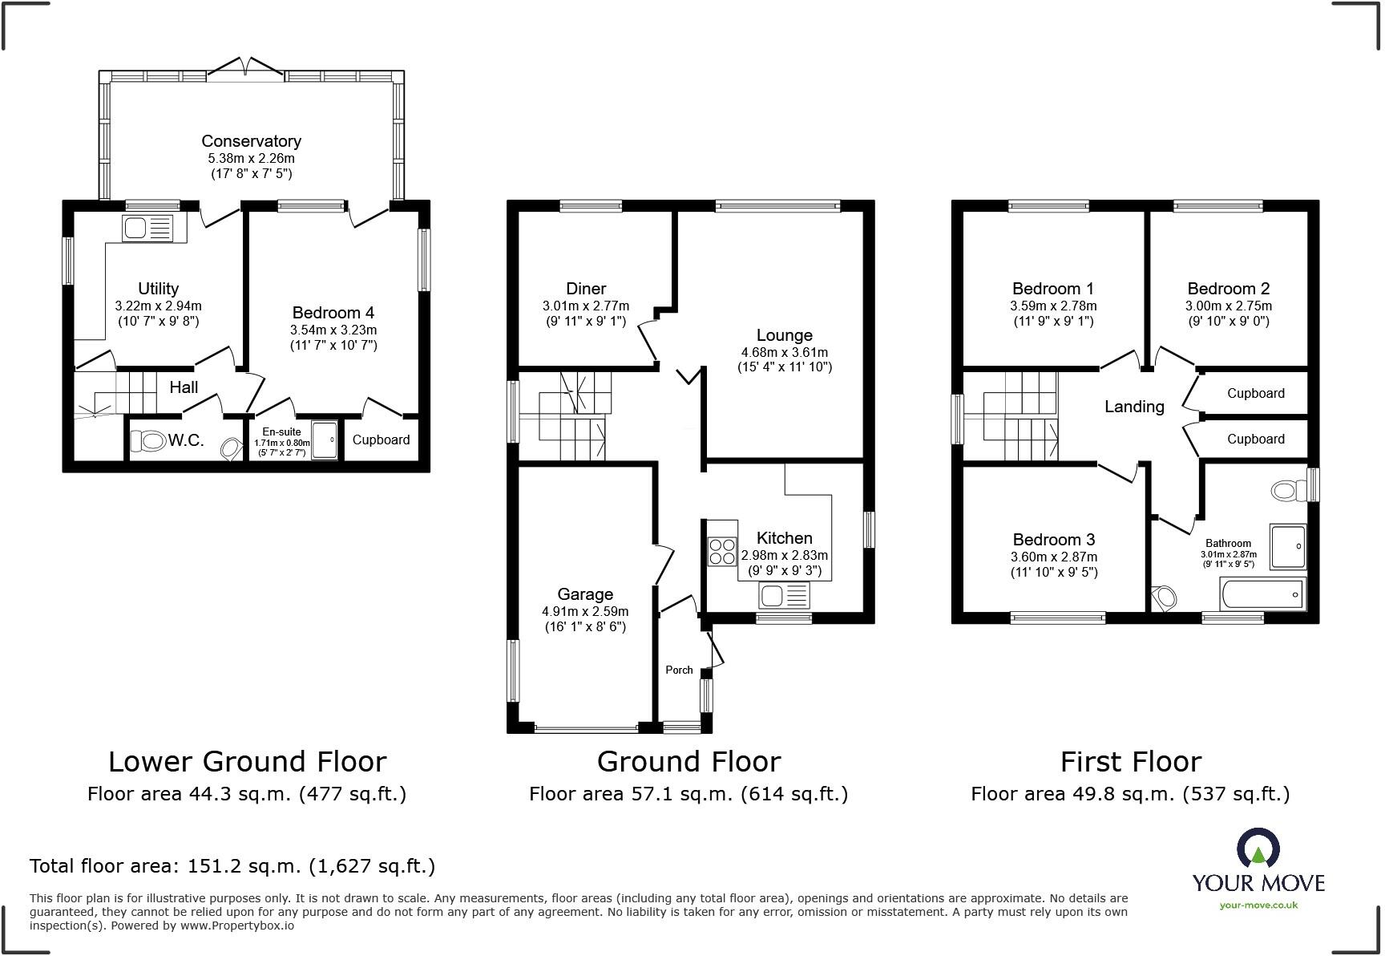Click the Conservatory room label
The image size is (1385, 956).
251,141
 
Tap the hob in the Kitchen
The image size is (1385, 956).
722,550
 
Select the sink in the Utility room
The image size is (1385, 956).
148,228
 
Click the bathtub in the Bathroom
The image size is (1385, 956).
1262,595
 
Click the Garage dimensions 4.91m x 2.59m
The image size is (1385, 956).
584,611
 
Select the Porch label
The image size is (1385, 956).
679,670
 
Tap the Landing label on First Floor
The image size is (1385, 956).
1133,407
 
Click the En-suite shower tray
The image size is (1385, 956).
325,440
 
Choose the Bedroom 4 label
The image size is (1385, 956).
333,313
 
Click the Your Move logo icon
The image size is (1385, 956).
1258,849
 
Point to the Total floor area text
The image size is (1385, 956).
232,866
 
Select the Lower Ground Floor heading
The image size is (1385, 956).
247,761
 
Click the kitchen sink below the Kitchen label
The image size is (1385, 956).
784,595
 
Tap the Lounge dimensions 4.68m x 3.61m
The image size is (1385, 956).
784,352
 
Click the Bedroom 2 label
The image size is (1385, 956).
1228,289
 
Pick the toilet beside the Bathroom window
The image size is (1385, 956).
1286,490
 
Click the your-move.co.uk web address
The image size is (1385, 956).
1258,905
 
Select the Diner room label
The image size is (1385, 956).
585,289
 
